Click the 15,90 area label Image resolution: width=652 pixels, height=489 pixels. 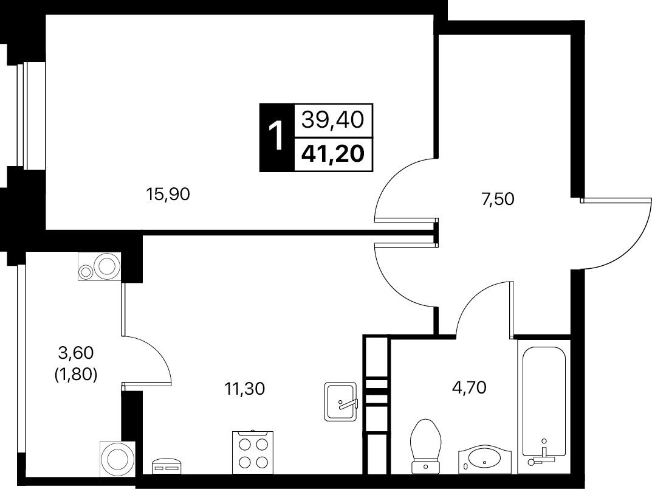[x=168, y=195]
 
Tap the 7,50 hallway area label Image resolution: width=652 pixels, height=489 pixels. [x=498, y=199]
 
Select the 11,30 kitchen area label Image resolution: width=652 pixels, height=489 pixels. [x=244, y=389]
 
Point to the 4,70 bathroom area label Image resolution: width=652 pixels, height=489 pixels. [x=469, y=387]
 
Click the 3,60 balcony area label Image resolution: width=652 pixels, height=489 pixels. [x=76, y=353]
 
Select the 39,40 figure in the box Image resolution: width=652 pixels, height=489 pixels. [x=332, y=120]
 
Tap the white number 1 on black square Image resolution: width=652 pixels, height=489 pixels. [x=276, y=136]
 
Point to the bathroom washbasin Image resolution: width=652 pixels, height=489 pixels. [x=484, y=460]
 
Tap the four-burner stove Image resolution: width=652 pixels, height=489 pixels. [x=253, y=453]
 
